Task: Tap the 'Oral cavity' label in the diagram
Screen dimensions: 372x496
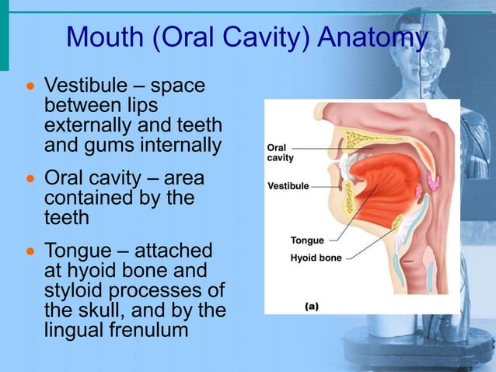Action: click(x=280, y=153)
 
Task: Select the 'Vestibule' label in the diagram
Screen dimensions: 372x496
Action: click(x=288, y=187)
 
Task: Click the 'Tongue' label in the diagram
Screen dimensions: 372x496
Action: click(x=307, y=240)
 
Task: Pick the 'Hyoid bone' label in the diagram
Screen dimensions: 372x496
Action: click(x=316, y=258)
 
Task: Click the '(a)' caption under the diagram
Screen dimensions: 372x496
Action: click(x=311, y=306)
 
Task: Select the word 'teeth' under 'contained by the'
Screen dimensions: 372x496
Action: click(x=67, y=218)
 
